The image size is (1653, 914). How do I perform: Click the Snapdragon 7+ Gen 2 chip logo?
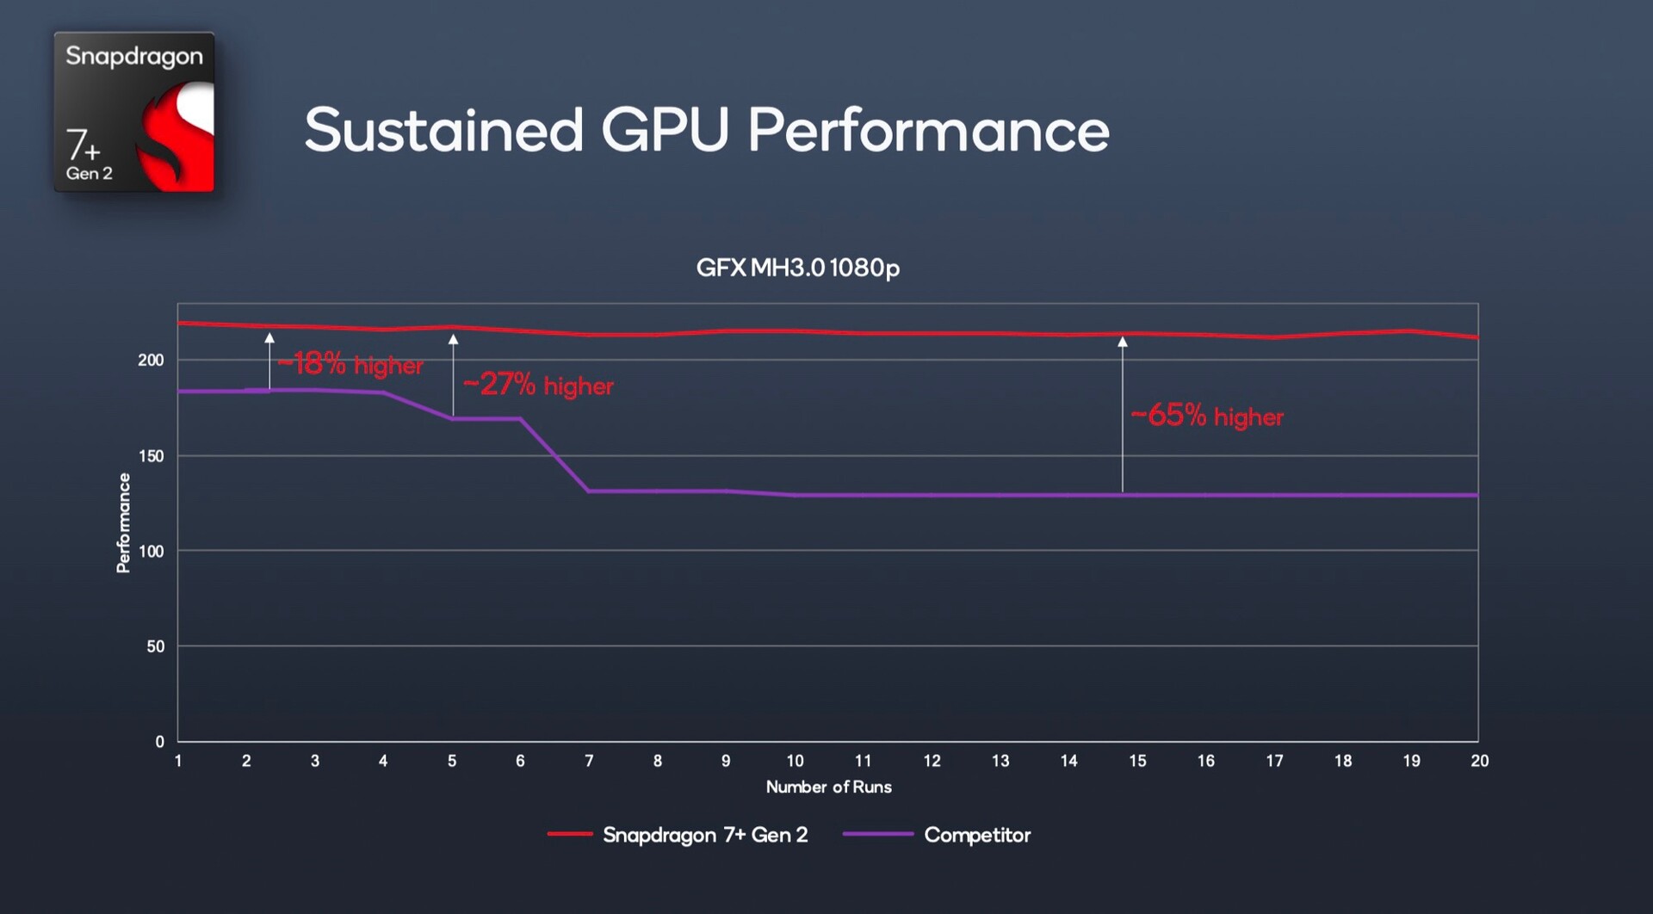click(134, 112)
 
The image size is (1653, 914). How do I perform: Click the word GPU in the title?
click(665, 131)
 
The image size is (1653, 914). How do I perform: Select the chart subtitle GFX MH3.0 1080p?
click(797, 268)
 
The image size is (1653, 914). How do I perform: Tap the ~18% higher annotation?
click(351, 364)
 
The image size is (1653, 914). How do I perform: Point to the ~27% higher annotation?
click(538, 385)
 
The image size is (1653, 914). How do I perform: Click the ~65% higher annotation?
click(1206, 417)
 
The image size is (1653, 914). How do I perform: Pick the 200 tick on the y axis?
click(151, 360)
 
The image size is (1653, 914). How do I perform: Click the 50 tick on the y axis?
click(155, 646)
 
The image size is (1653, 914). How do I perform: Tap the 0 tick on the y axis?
click(159, 742)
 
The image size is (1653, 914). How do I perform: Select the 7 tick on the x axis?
click(589, 761)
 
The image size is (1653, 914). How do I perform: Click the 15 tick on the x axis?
click(1137, 761)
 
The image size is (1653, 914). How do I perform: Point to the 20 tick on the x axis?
click(1479, 761)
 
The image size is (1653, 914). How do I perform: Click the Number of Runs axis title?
click(828, 787)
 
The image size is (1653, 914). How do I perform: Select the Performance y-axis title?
click(123, 522)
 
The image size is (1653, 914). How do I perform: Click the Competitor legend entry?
click(976, 835)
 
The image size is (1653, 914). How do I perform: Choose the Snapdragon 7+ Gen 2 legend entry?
click(704, 835)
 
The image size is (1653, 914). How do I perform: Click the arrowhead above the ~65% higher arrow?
click(1123, 342)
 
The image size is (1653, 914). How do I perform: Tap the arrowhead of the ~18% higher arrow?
click(269, 338)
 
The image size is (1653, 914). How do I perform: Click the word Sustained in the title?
click(444, 131)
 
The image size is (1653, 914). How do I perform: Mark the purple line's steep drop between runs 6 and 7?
click(554, 454)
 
